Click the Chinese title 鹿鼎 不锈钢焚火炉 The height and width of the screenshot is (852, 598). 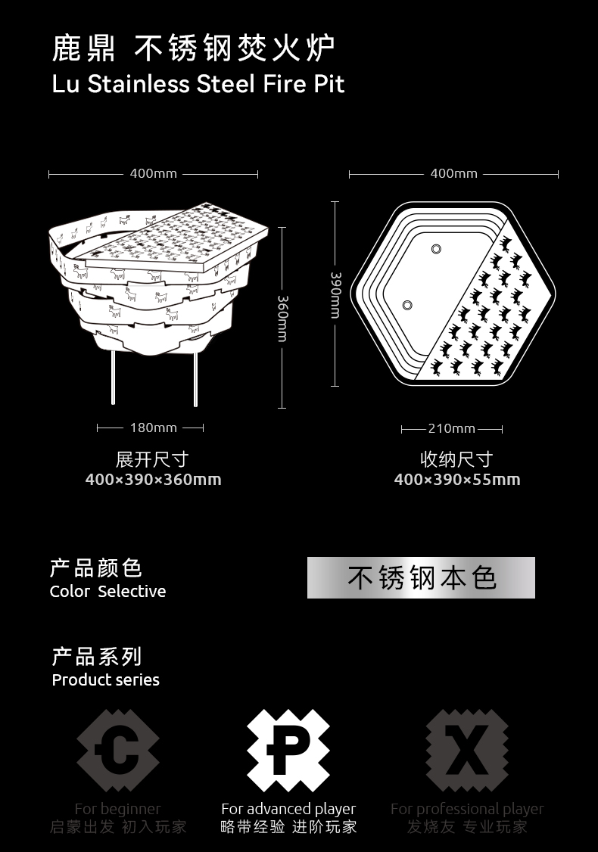point(193,49)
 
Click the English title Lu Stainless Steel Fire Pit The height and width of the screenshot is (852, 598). point(198,83)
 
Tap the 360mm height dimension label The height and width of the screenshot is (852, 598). point(282,318)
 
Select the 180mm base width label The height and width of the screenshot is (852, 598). point(153,428)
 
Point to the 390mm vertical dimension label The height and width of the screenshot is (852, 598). point(335,294)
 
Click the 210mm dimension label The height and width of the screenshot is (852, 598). point(452,428)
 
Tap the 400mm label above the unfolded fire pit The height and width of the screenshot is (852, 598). point(153,173)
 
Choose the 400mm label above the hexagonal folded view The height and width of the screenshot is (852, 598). point(453,173)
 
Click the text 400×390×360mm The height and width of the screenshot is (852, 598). point(153,479)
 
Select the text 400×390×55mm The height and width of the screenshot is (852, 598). point(457,479)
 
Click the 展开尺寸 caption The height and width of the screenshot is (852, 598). point(152,459)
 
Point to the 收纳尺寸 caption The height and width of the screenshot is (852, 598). point(456,459)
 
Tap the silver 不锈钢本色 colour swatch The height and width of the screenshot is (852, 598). point(421,578)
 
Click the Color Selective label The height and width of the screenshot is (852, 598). point(107,591)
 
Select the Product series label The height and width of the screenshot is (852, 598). point(105,679)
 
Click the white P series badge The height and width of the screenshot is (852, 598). point(288,751)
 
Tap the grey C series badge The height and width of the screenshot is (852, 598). point(118,751)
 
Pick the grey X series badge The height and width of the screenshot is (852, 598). point(466,751)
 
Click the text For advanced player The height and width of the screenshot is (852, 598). point(288,809)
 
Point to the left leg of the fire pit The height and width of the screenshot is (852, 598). point(114,378)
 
